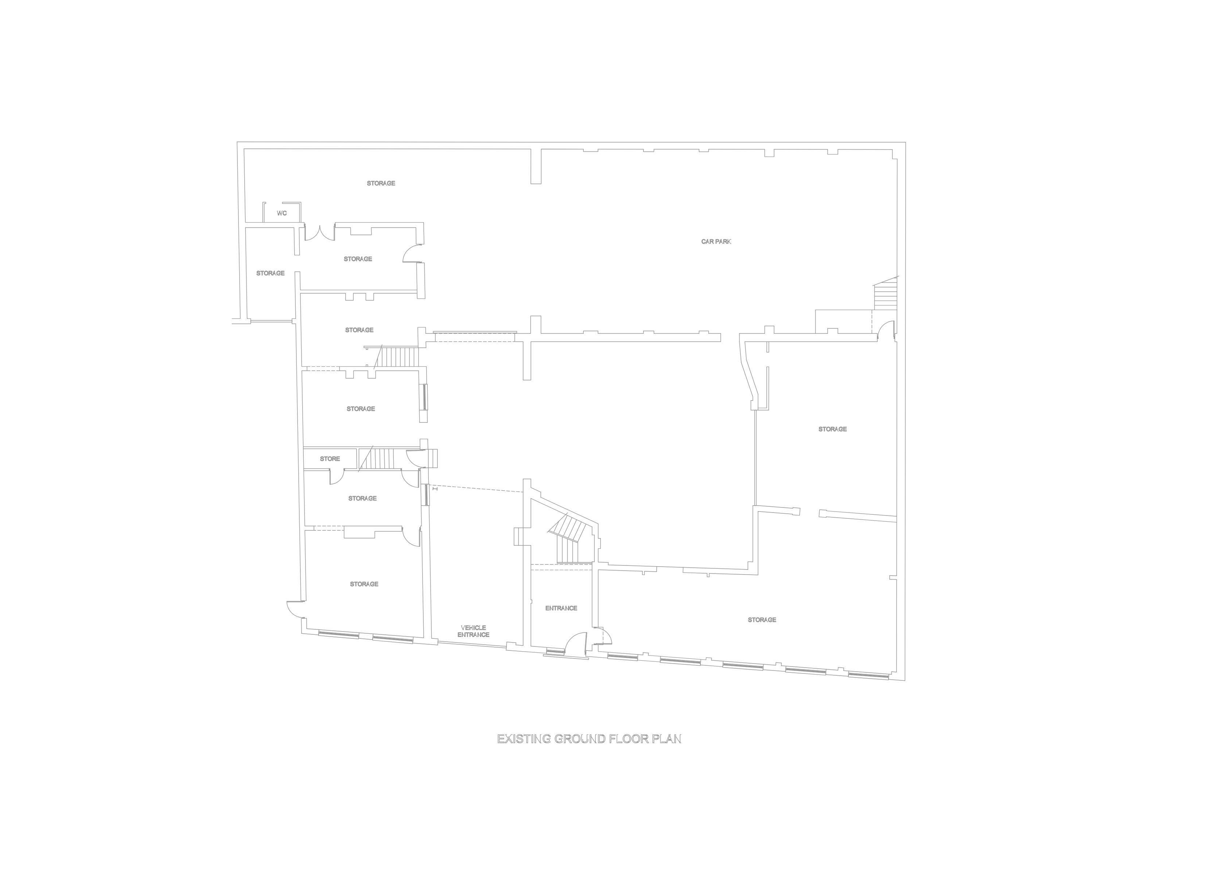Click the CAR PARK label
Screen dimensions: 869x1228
[x=716, y=242]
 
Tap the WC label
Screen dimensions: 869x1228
[x=282, y=213]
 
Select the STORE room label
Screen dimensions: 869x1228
[x=330, y=459]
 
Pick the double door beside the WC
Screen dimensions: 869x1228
[x=319, y=233]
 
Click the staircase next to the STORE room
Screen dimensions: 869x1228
[x=377, y=459]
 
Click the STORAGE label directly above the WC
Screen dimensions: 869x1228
[x=381, y=184]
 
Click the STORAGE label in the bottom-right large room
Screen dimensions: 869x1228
[x=762, y=619]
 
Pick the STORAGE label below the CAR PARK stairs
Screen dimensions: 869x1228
[x=832, y=429]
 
